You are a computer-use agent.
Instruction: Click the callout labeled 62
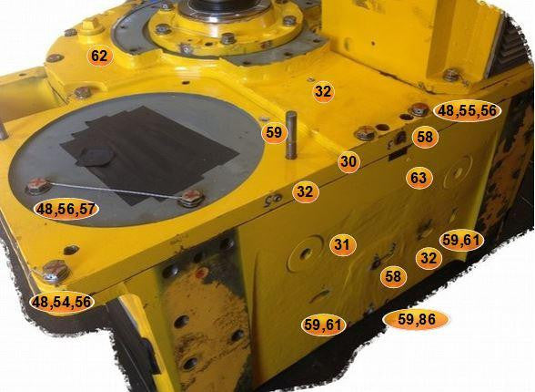99,56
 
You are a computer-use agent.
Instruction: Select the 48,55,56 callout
467,111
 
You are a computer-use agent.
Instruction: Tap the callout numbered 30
348,161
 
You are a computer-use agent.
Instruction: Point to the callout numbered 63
419,178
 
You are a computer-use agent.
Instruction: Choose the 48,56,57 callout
66,209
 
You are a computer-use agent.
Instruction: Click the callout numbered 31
342,244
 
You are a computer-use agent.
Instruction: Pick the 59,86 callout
416,320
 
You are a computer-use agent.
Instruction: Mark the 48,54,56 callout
62,302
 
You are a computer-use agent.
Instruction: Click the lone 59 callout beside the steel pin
274,132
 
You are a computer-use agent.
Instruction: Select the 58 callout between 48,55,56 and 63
424,137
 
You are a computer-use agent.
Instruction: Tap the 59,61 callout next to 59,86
324,325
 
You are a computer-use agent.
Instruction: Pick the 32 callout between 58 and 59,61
429,258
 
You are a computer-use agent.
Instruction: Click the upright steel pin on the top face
291,135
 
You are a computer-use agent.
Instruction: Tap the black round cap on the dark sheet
96,157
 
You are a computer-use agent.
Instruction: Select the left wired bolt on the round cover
38,186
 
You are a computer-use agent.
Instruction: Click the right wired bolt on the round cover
191,198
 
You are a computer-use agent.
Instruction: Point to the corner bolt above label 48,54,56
56,271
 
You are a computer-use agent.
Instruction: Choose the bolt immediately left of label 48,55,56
419,110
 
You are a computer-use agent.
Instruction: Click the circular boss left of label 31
306,253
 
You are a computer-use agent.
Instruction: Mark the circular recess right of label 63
457,171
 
